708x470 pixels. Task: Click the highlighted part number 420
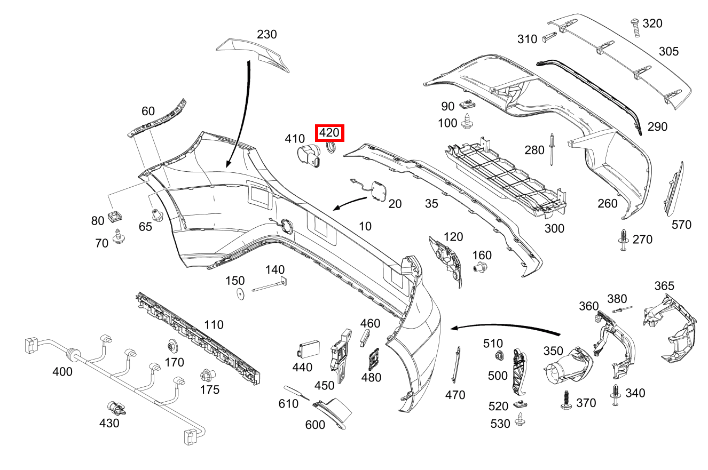[x=329, y=133]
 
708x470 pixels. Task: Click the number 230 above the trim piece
[x=267, y=35]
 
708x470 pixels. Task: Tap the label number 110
[x=214, y=325]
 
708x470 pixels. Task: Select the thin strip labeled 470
[x=457, y=364]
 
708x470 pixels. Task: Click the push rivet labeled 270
[x=623, y=239]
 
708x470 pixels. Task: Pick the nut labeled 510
[x=498, y=356]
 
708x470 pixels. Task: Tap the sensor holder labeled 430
[x=116, y=408]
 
